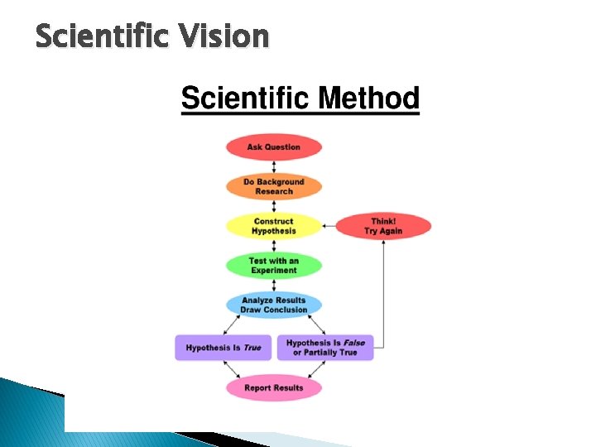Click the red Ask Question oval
coord(273,147)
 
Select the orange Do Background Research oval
coord(273,186)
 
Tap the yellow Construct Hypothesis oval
coord(273,226)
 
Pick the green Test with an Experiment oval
coord(273,266)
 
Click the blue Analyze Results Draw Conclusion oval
coord(273,305)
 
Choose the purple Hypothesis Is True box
coord(223,348)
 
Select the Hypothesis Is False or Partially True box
coord(324,348)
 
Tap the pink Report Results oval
coord(273,387)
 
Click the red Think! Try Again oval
coord(382,226)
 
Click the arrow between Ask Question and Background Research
coord(273,166)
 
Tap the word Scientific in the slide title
coord(101,36)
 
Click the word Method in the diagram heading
coord(368,99)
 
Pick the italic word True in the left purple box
coord(252,348)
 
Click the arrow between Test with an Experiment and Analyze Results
coord(273,286)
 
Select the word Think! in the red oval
coord(383,221)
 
